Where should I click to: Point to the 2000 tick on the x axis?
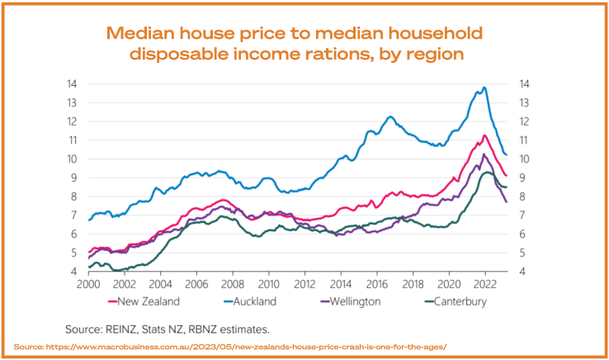click(x=88, y=283)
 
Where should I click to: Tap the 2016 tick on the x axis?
click(x=377, y=283)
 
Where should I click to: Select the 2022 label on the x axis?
click(x=485, y=283)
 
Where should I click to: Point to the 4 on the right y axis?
click(x=525, y=272)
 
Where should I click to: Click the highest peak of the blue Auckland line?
click(x=484, y=88)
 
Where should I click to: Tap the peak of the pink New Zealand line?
click(x=485, y=135)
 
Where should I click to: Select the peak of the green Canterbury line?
click(x=487, y=173)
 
